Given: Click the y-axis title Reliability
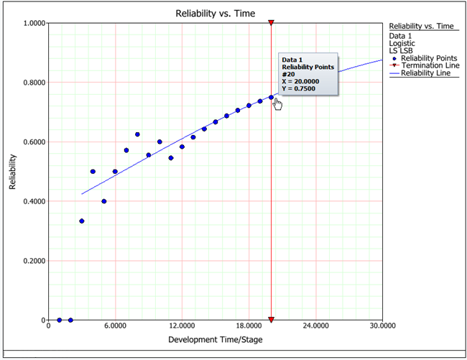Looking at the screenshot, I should [13, 172].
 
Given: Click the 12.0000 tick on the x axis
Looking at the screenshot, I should [182, 326].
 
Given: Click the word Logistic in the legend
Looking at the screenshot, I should [403, 42].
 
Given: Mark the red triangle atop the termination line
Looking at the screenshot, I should [271, 23].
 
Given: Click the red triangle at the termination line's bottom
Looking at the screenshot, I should [271, 319].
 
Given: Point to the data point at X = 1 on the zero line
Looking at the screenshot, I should [59, 320].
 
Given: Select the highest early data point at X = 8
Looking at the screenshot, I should [137, 134].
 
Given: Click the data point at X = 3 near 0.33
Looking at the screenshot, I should [81, 221].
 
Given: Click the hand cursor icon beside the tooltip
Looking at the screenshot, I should [278, 104].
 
